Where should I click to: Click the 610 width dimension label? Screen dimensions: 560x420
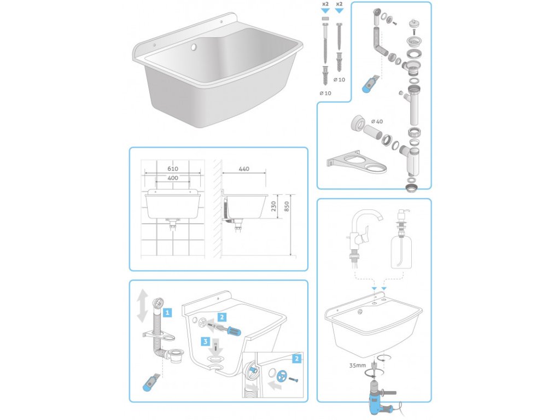[x=172, y=168]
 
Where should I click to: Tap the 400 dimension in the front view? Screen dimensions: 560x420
[x=172, y=178]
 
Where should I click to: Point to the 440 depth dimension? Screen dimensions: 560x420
[x=244, y=169]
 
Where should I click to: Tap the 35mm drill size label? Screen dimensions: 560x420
[x=358, y=365]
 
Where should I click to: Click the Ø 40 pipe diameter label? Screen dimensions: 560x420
[x=377, y=121]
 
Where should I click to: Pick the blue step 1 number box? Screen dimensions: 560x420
[x=167, y=313]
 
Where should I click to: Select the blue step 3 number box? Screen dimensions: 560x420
[x=206, y=342]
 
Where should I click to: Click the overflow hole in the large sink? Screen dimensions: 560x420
[x=194, y=47]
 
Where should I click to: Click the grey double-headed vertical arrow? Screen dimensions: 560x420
[x=143, y=306]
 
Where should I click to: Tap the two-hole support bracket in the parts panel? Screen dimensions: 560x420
[x=357, y=162]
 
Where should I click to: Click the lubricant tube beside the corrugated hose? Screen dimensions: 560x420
[x=151, y=382]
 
